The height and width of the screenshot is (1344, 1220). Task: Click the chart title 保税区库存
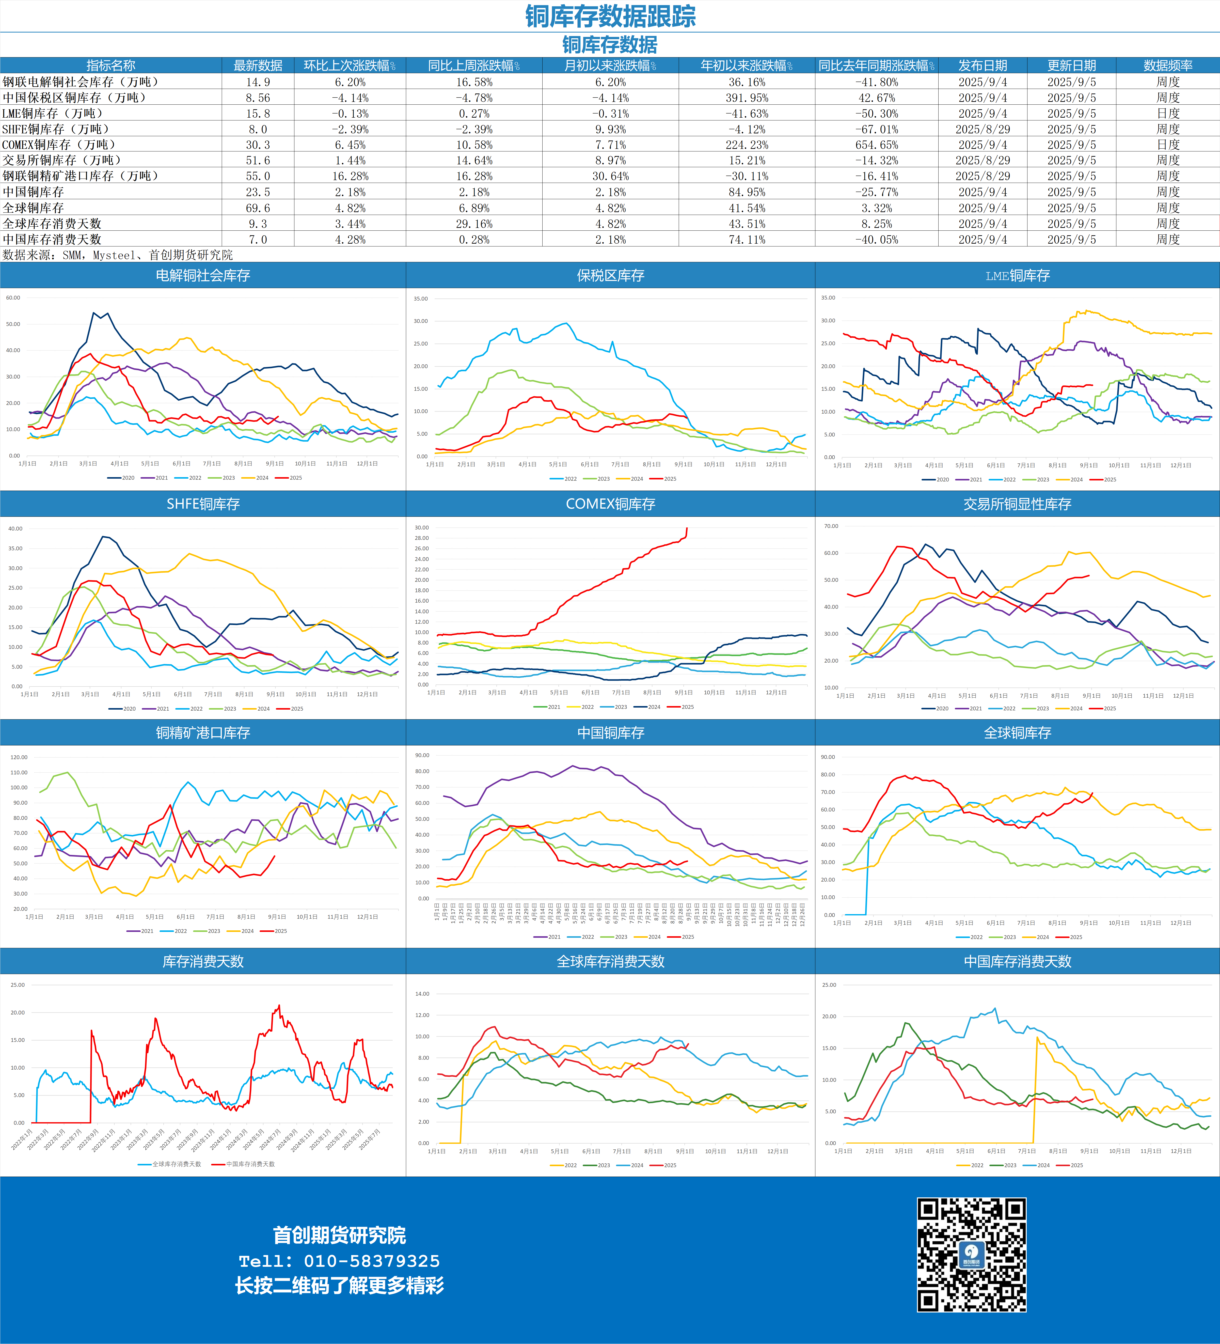pyautogui.click(x=610, y=275)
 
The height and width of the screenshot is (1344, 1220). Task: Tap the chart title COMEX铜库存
pyautogui.click(x=610, y=504)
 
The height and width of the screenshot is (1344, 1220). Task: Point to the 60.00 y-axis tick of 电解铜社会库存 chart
pyautogui.click(x=13, y=298)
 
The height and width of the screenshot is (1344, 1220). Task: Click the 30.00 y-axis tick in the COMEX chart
pyautogui.click(x=421, y=527)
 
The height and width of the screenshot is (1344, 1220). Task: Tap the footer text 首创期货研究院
pyautogui.click(x=339, y=1235)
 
